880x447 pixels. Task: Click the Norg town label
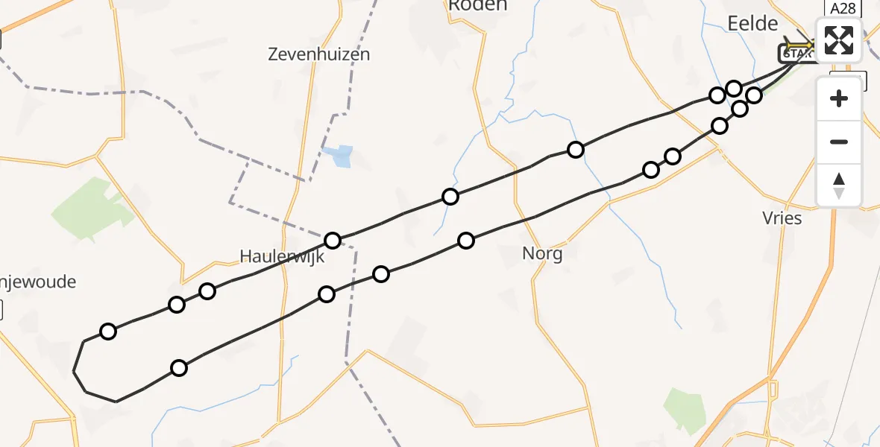542,253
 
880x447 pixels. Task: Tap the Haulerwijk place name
282,256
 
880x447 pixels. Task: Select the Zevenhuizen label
320,54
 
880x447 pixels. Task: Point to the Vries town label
782,218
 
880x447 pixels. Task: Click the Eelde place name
752,24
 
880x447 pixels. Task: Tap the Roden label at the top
477,6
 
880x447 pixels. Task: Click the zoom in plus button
839,98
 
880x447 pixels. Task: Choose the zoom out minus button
839,142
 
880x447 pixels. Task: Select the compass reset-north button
839,185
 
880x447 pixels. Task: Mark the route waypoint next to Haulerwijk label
333,241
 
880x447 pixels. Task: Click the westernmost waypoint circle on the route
108,332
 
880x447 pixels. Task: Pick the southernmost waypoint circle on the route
179,367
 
